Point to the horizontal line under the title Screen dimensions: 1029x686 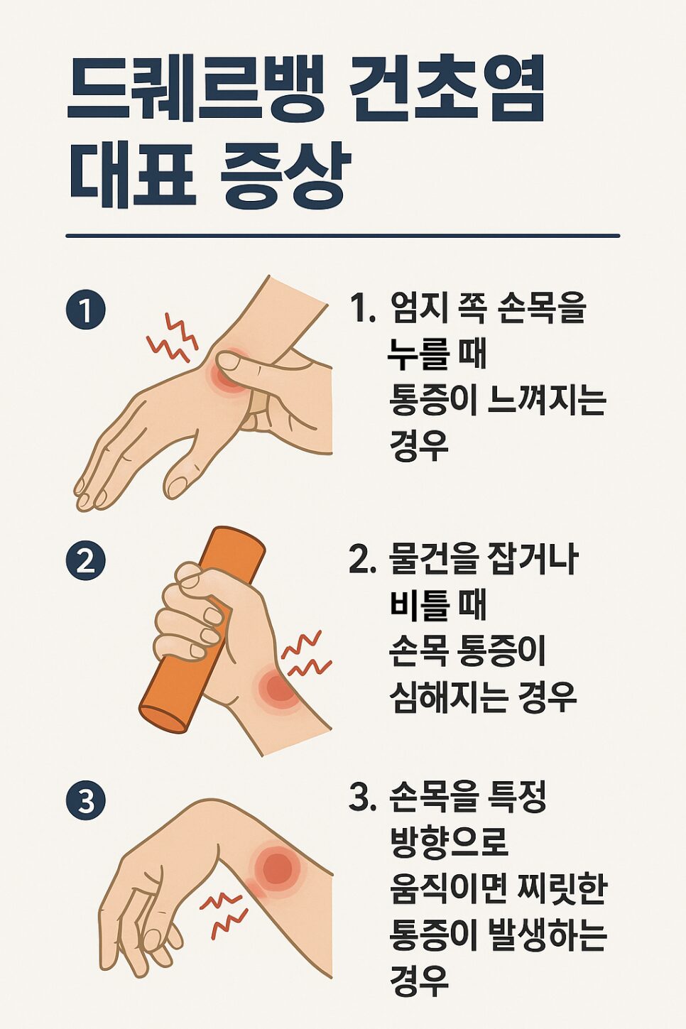click(x=342, y=236)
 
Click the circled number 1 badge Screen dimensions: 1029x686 click(x=86, y=310)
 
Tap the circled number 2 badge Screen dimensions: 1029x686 click(x=86, y=561)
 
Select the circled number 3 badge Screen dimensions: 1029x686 click(x=86, y=801)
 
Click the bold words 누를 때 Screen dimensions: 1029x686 click(x=437, y=353)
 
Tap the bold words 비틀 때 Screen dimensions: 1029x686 click(x=437, y=605)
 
